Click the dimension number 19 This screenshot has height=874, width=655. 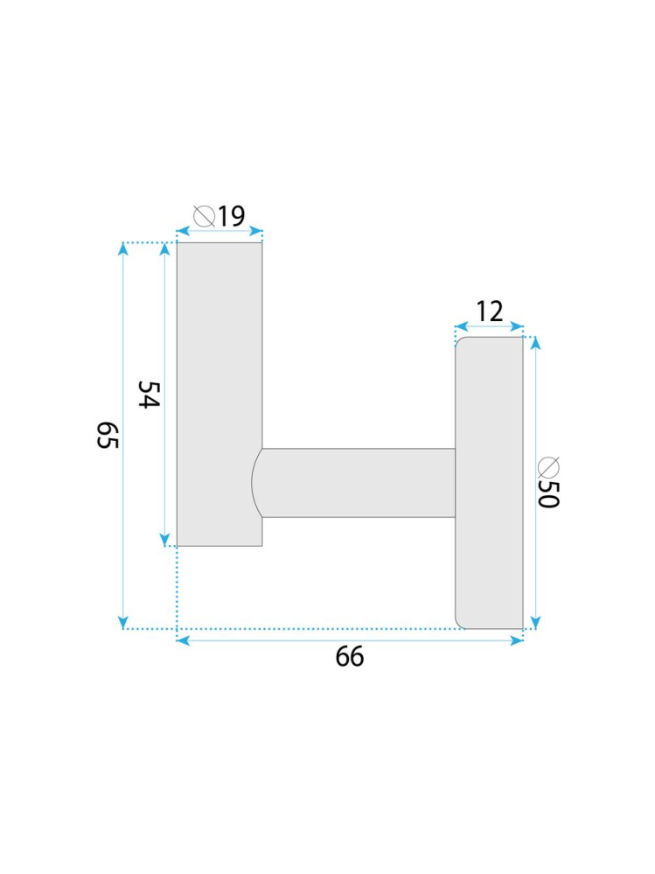tap(231, 216)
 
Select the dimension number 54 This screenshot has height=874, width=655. tap(149, 394)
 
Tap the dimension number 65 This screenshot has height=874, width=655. tap(108, 436)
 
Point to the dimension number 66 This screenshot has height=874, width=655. tap(350, 657)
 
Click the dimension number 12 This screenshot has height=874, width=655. tap(490, 311)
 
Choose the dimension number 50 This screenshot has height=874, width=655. tap(548, 493)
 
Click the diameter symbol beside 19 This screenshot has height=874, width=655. tap(205, 216)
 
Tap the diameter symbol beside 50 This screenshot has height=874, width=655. tap(548, 467)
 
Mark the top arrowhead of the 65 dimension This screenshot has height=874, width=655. tap(123, 248)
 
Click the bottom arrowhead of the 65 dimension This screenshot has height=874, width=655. tap(123, 623)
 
